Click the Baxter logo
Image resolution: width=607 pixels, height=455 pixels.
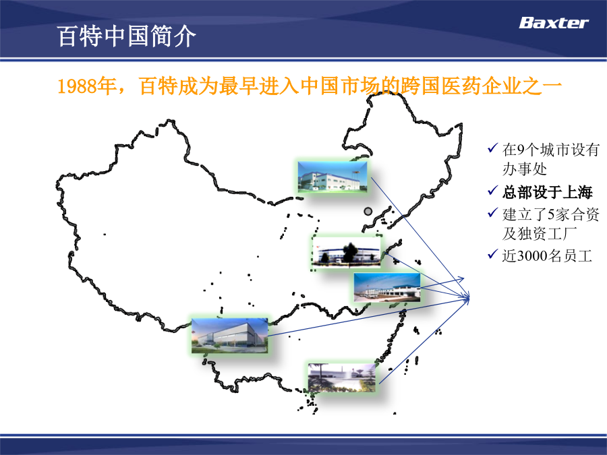554,23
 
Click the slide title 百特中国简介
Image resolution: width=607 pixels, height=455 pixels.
126,36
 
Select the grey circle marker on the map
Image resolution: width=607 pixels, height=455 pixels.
368,211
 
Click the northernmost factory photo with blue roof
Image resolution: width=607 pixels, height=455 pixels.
333,177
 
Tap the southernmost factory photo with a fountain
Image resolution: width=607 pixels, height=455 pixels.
342,378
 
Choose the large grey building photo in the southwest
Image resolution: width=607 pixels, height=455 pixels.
229,336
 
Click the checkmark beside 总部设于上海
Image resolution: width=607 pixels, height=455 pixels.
493,191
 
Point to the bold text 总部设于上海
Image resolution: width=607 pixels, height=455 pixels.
548,192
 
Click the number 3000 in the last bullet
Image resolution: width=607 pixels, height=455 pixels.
532,256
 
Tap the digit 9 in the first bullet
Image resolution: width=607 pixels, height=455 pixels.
521,150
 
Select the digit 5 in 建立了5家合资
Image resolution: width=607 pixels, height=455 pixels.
551,214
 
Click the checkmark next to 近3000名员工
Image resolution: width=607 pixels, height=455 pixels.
493,254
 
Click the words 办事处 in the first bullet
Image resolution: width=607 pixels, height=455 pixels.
525,169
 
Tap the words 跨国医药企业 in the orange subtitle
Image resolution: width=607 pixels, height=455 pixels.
440,86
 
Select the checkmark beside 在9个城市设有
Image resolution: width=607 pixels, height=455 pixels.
493,148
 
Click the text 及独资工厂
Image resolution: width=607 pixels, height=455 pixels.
540,234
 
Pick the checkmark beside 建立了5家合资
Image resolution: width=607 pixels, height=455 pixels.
493,212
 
